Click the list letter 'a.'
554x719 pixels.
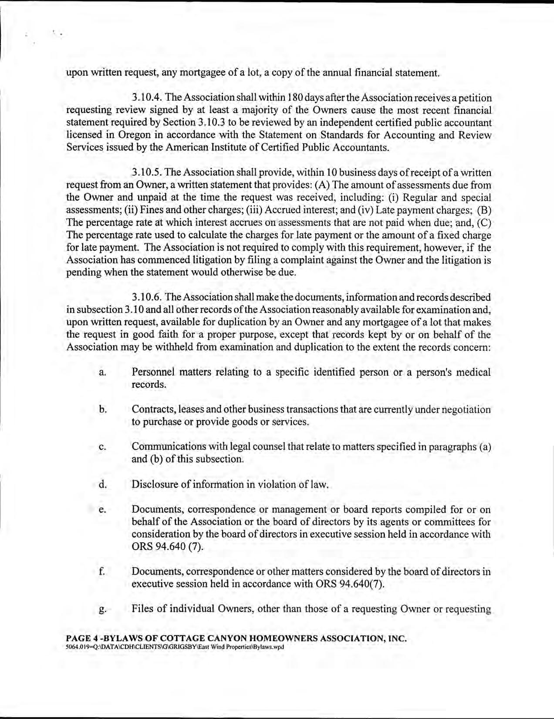[102, 373]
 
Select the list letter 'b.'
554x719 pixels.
[102, 410]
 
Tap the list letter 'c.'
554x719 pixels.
[102, 447]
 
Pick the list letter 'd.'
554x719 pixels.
[102, 484]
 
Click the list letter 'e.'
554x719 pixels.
[102, 510]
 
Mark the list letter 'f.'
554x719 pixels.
[102, 571]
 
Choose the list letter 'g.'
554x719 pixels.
[102, 609]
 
